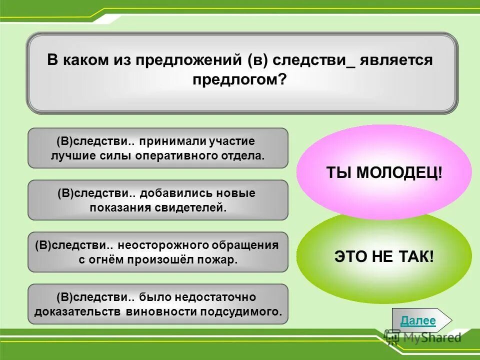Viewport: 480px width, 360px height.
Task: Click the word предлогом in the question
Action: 239,79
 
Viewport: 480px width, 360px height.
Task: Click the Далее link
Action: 418,321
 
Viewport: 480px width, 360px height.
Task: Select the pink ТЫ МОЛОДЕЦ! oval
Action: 384,172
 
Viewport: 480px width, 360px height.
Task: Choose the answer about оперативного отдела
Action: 157,148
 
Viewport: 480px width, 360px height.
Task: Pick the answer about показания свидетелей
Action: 157,200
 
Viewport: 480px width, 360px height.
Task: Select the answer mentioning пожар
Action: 157,252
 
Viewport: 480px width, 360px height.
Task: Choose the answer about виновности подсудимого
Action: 157,304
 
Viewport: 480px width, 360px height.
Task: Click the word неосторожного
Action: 162,245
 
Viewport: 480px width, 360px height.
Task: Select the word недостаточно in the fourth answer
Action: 220,297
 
